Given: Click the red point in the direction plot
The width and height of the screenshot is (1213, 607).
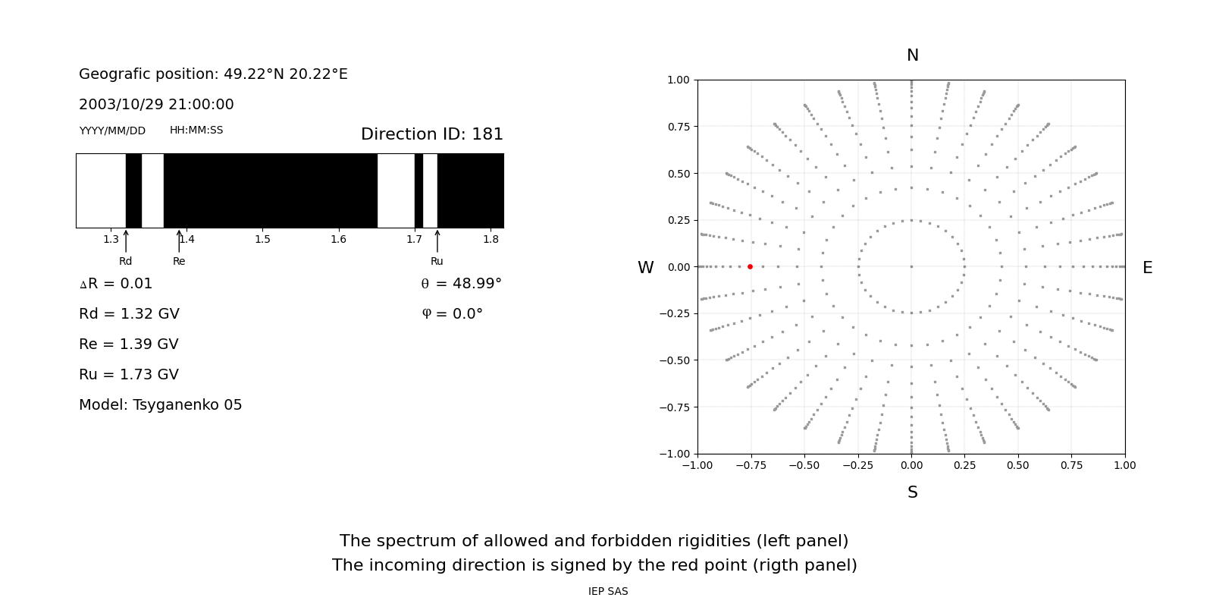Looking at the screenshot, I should [x=750, y=266].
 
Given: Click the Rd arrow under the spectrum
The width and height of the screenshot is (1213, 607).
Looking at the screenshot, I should [x=126, y=241].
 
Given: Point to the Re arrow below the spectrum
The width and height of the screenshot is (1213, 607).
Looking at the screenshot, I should [x=179, y=241].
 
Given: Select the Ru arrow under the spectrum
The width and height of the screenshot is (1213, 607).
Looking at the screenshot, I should [x=437, y=241].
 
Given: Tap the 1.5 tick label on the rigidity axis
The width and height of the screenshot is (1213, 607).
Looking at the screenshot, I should [x=262, y=240].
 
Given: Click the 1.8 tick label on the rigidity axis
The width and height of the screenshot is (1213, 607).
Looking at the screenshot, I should [x=491, y=240].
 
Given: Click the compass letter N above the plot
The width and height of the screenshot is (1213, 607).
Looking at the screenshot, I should [x=912, y=55].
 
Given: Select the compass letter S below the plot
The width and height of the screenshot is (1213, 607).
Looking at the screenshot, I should [x=912, y=492].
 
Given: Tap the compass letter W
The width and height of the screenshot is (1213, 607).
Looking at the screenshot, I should [x=645, y=268].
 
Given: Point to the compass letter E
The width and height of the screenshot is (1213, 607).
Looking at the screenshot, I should [x=1147, y=268].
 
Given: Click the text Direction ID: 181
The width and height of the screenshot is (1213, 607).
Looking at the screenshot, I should [x=431, y=134].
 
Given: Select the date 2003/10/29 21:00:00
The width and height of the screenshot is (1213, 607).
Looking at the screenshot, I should [x=156, y=105].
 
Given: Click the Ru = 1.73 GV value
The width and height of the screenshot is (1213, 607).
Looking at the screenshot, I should [x=129, y=375].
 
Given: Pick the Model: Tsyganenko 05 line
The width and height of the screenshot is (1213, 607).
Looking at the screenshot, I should [x=161, y=405].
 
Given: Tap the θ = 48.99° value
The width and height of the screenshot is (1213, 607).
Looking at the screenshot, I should [x=461, y=284].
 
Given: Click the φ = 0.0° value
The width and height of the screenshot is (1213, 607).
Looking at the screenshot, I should [x=452, y=314].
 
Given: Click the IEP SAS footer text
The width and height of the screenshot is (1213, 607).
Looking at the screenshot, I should [x=608, y=592].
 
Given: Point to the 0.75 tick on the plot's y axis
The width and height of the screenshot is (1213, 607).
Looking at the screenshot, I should [x=679, y=126].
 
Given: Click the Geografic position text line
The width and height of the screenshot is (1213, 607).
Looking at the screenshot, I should [x=213, y=74].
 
